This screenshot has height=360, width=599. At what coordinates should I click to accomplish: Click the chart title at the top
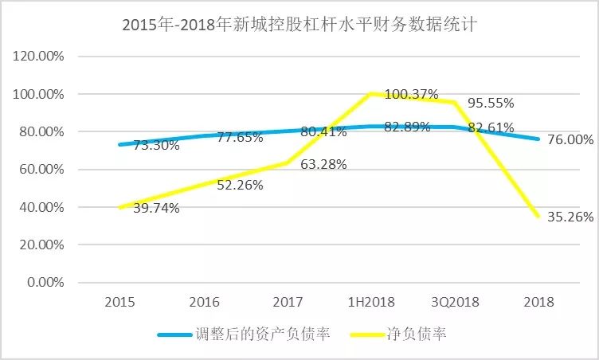(299, 25)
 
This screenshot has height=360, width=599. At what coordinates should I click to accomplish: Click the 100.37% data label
(411, 94)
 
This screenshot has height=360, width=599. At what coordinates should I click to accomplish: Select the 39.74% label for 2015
(155, 208)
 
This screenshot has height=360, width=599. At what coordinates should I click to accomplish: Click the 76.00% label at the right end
(570, 139)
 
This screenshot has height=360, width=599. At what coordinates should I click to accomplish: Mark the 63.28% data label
(323, 165)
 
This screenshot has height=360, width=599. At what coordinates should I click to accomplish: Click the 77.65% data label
(240, 137)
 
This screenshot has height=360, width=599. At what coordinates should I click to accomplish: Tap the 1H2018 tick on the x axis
(370, 302)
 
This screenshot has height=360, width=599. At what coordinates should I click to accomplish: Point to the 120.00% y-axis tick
(38, 57)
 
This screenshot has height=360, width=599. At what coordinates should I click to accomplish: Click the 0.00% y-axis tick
(45, 283)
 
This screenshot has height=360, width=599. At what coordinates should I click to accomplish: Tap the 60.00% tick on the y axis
(41, 170)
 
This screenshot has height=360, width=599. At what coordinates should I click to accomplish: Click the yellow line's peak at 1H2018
(370, 93)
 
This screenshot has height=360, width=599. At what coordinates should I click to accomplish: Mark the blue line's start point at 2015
(119, 144)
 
